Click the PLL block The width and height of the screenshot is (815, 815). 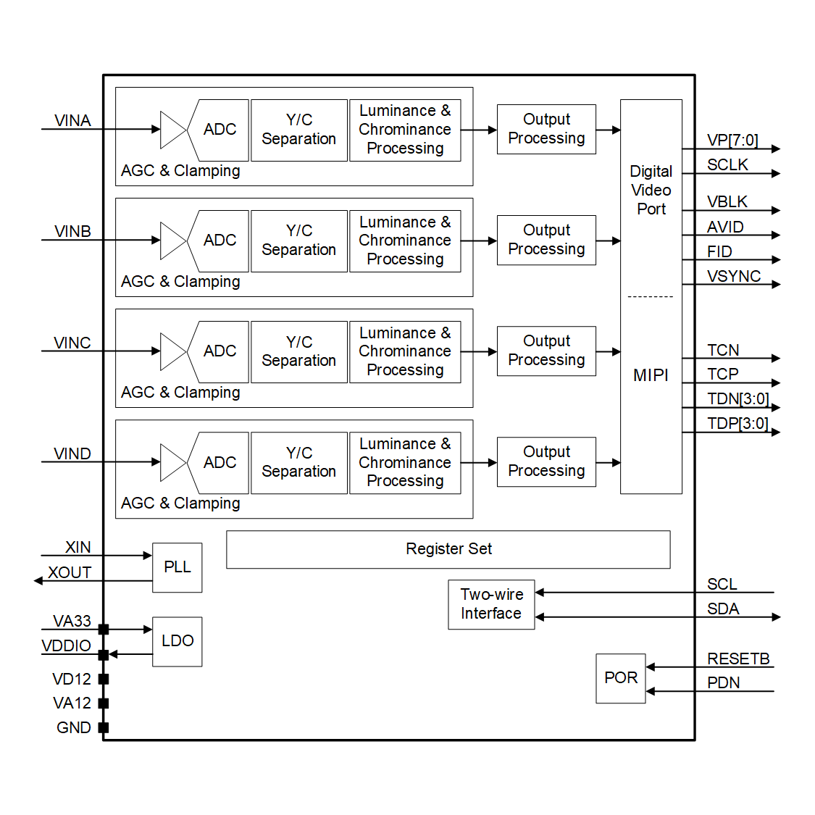point(177,567)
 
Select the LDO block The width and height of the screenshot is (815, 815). point(177,641)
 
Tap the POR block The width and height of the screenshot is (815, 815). point(620,678)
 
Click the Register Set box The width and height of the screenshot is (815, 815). point(448,549)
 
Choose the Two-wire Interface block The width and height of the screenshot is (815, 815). point(491,604)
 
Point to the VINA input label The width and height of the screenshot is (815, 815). point(72,120)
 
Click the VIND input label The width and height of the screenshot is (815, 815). point(72,454)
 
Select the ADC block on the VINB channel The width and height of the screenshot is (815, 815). point(220,241)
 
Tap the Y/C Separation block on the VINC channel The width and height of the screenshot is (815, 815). point(298,351)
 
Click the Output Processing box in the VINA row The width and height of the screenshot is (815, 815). point(546,129)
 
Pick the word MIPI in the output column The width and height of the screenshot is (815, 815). point(651,375)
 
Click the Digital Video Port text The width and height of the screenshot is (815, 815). point(651,191)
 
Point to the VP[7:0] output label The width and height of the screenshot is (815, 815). point(732,140)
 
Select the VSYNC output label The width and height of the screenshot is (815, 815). point(734,276)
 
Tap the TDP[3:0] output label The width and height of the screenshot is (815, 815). point(737,423)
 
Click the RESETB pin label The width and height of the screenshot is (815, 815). point(738,659)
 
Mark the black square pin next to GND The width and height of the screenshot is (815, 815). point(104,727)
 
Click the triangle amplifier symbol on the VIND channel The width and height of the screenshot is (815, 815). point(172,462)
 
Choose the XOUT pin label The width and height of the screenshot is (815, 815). point(70,572)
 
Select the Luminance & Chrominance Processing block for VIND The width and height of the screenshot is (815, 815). point(405,463)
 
